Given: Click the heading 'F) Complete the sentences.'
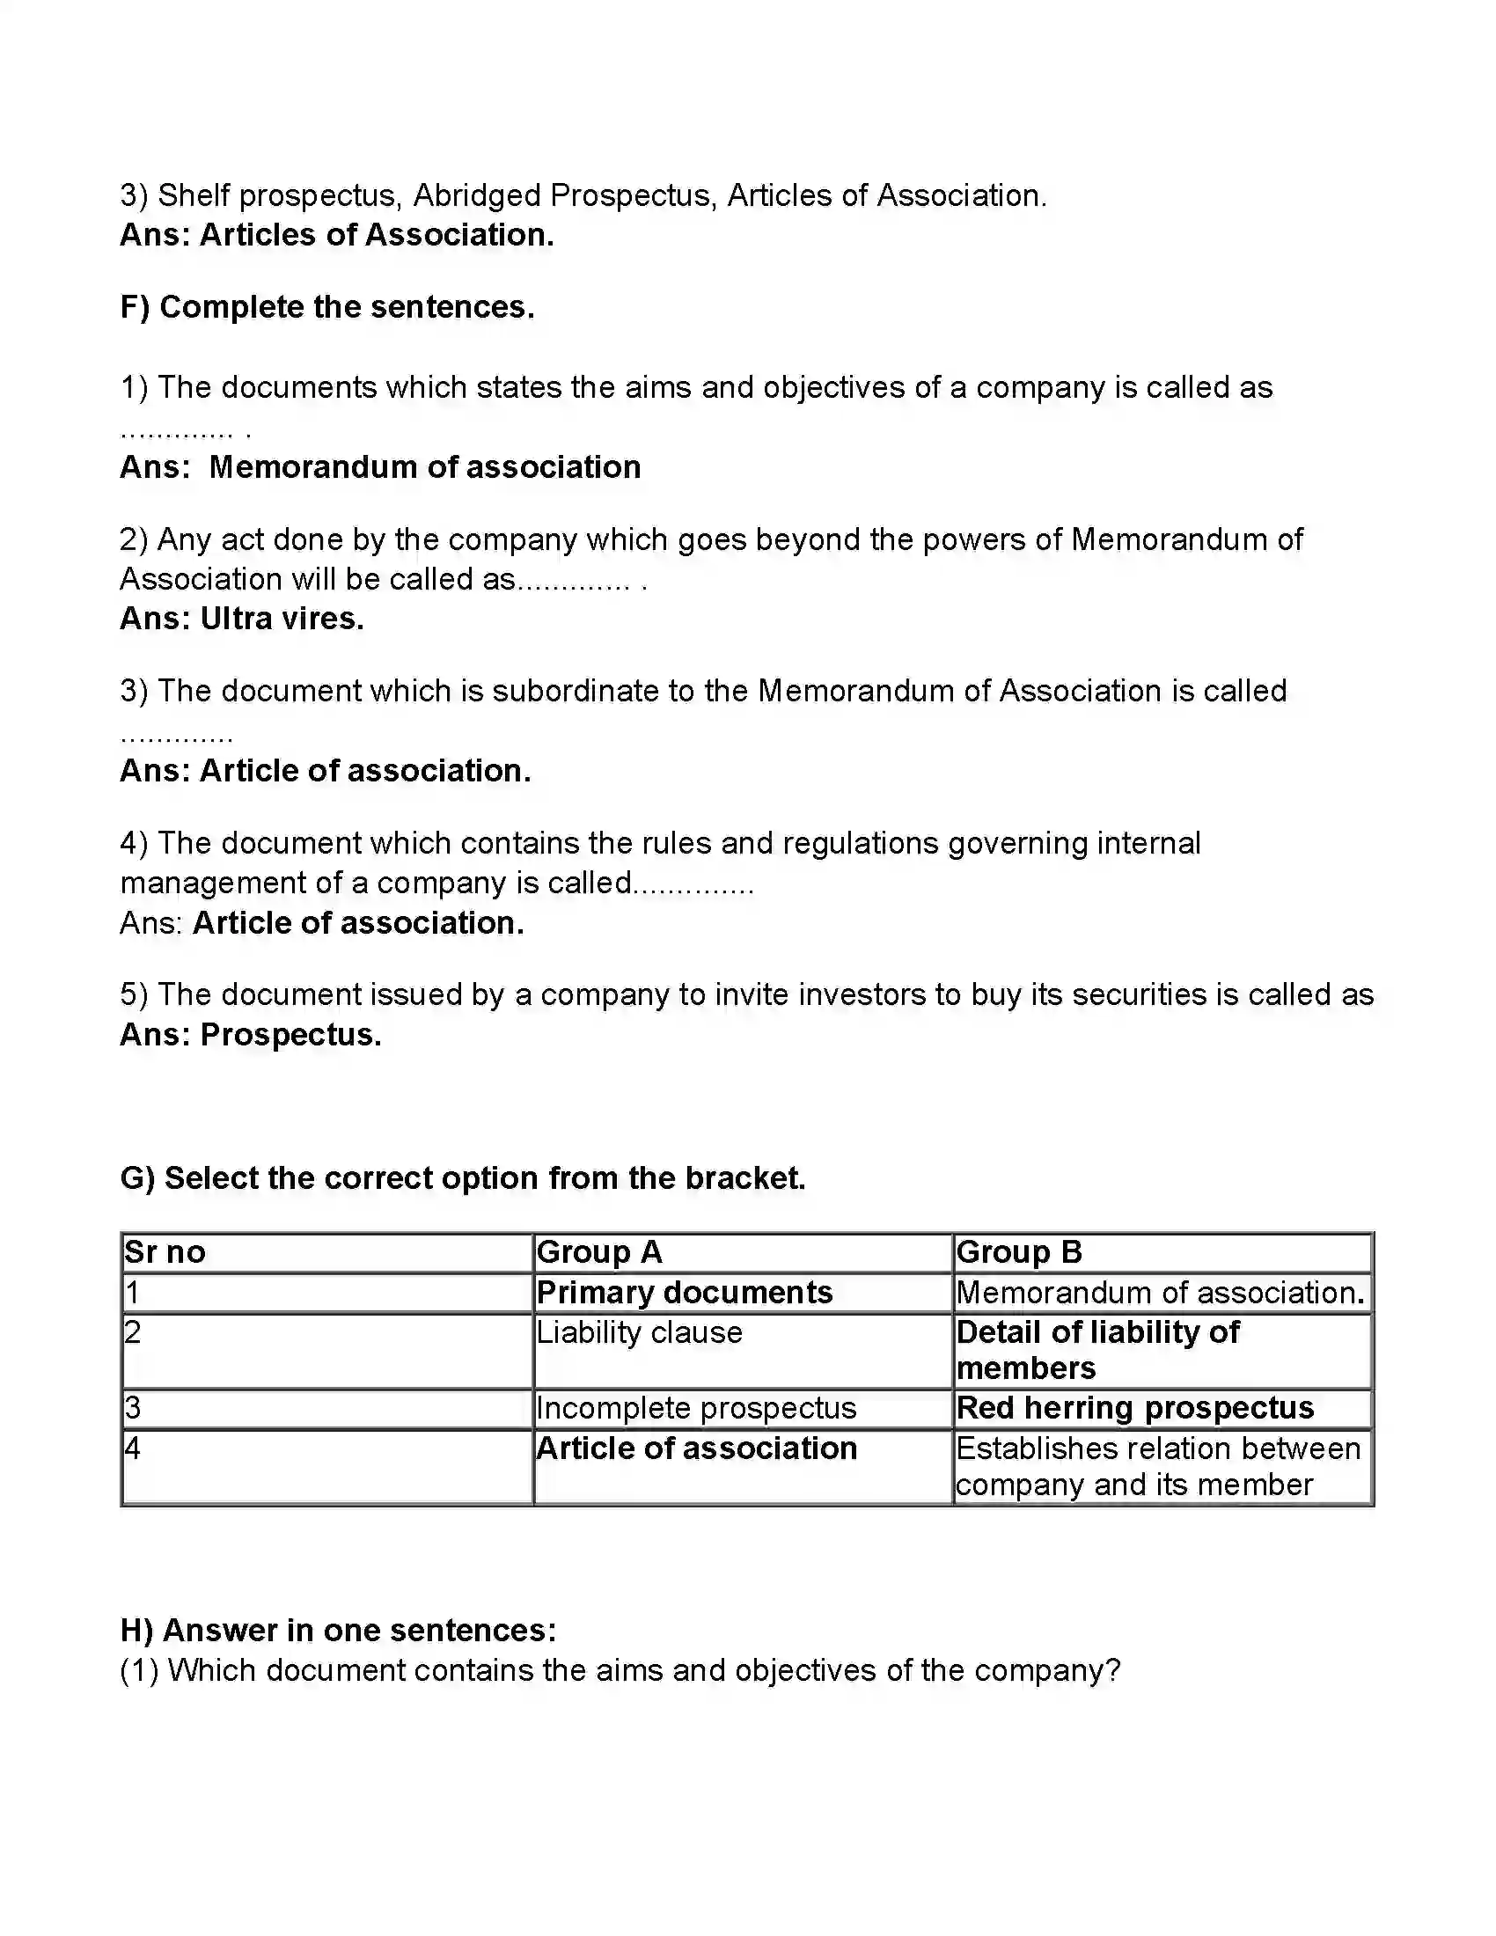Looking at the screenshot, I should pos(327,307).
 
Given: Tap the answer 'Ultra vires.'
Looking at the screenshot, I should pos(282,619).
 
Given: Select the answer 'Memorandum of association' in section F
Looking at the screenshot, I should pos(424,467).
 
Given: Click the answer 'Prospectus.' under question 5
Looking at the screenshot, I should pos(290,1035).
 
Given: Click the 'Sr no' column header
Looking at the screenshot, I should pos(165,1251).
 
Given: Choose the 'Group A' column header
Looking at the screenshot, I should pos(599,1251).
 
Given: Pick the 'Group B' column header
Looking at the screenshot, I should pos(1019,1251).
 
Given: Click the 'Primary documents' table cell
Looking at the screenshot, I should pos(684,1293).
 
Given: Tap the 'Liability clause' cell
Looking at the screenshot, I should pos(639,1332).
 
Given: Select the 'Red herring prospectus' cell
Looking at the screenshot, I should pos(1134,1408).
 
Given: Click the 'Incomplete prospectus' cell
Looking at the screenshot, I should pos(696,1408).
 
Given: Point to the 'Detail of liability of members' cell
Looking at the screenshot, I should pos(1097,1350).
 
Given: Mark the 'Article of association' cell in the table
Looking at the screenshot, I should pos(697,1448).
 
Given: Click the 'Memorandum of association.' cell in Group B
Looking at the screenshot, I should pos(1160,1293).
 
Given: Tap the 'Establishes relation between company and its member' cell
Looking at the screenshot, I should pos(1157,1466).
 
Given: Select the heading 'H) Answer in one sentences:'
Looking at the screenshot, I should pos(338,1630).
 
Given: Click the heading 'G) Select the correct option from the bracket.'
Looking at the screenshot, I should pos(463,1178).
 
